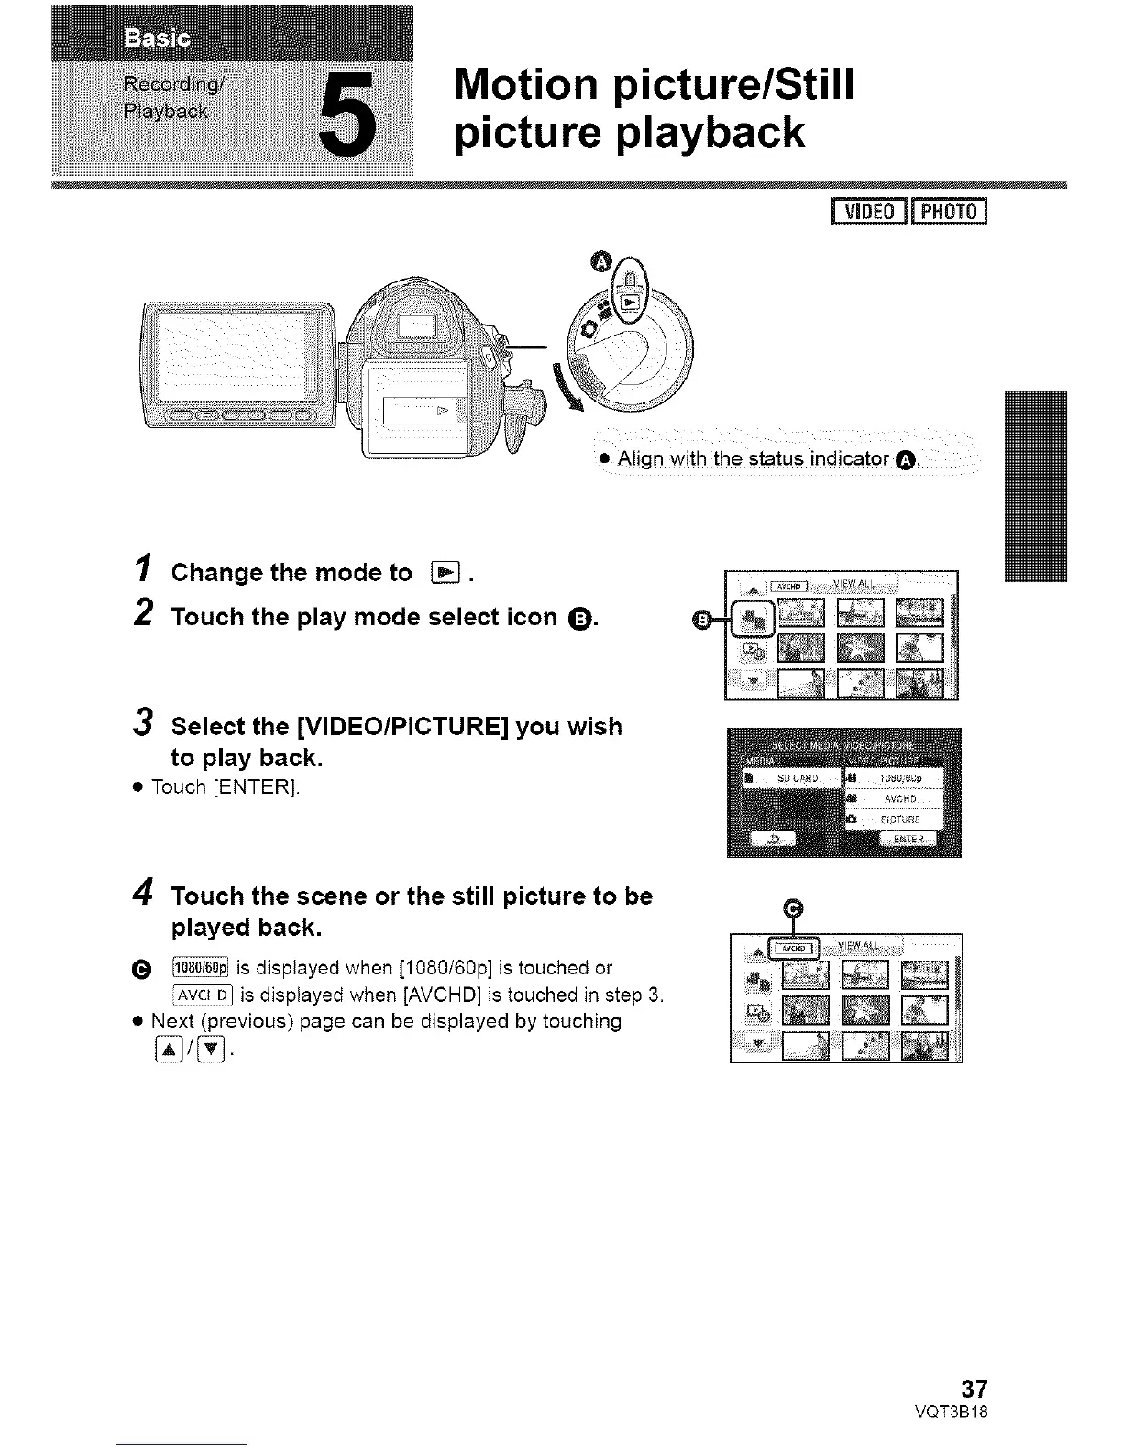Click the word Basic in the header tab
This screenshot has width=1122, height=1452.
(x=157, y=39)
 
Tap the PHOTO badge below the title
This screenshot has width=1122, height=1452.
(x=949, y=212)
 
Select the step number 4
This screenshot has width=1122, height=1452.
(x=143, y=894)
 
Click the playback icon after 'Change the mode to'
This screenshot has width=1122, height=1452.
(x=445, y=574)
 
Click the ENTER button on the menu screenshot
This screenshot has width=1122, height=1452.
(x=907, y=839)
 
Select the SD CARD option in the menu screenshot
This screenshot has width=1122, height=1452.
(x=793, y=778)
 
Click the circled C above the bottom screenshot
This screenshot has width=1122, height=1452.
(x=795, y=908)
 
